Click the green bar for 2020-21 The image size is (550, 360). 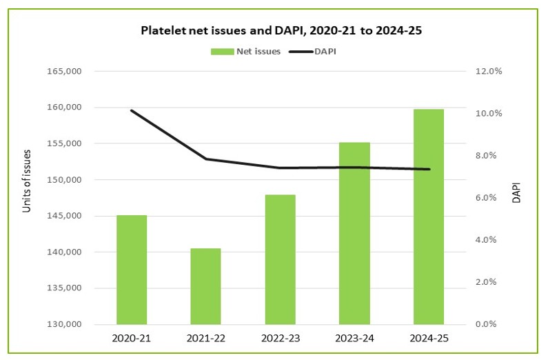pos(132,270)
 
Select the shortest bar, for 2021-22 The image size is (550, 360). pos(205,286)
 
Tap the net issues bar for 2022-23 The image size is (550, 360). pos(280,259)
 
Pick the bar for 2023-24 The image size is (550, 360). pos(354,233)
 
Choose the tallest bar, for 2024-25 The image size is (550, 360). pos(429,217)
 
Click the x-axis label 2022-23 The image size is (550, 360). pos(280,339)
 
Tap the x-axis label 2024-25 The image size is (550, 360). pos(429,339)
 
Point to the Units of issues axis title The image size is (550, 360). pos(28,180)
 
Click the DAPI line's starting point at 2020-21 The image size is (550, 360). pos(132,110)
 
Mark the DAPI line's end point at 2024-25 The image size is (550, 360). pos(429,169)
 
